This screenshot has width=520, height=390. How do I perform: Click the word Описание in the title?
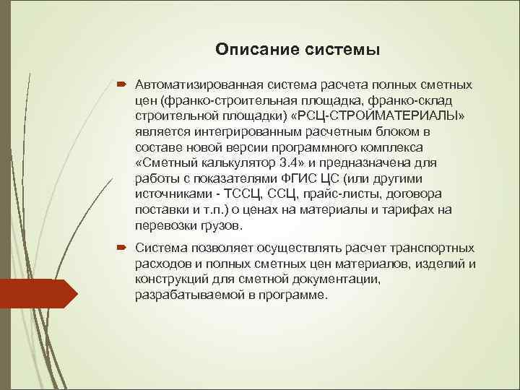[x=250, y=50]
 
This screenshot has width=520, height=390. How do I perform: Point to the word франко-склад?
[x=417, y=100]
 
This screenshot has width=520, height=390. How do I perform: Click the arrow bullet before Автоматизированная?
[x=121, y=84]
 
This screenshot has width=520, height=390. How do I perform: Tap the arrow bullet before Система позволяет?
[x=121, y=248]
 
